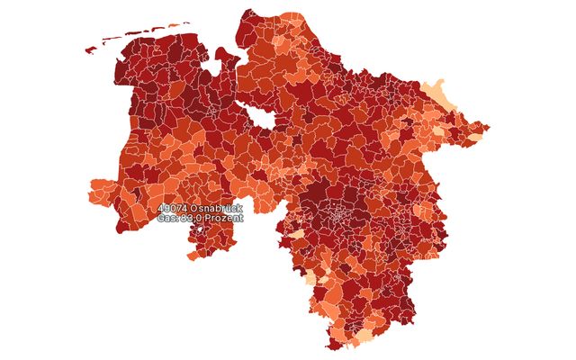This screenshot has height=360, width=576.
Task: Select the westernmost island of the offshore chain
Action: point(90,50)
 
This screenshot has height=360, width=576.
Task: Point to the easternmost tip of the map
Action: point(488,127)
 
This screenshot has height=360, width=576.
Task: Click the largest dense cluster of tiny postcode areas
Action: point(340,216)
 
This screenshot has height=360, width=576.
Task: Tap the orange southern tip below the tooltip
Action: point(193,255)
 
